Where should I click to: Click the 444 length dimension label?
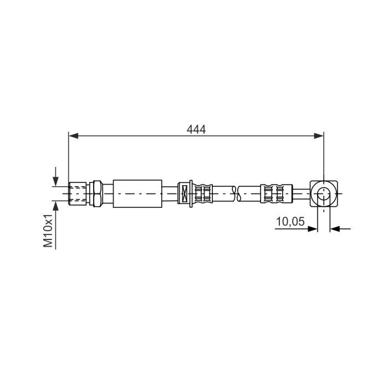196,129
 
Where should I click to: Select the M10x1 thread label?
48,231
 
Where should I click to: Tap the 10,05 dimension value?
290,222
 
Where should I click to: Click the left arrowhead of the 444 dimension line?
74,136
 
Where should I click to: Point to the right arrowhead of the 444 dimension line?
319,136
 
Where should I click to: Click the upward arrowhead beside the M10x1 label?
55,206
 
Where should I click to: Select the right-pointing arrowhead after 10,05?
312,229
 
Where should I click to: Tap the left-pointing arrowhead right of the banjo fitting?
335,229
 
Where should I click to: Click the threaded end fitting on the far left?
77,193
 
